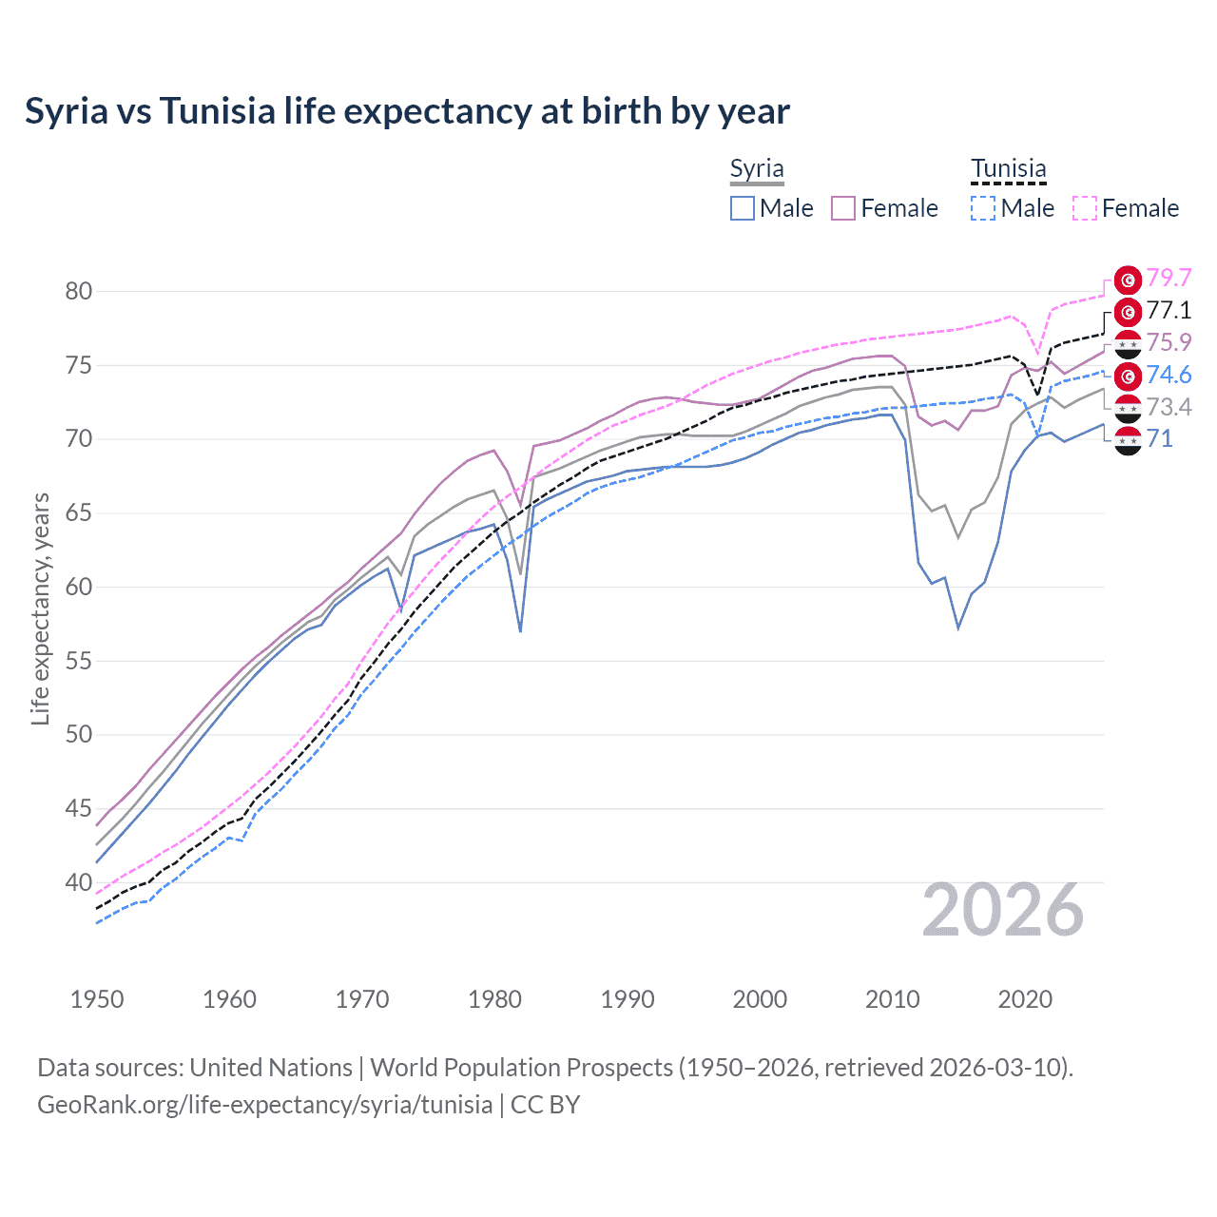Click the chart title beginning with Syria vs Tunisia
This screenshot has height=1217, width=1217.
pos(407,111)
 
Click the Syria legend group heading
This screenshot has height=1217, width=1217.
pos(757,169)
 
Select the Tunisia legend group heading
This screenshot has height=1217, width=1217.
pos(1008,169)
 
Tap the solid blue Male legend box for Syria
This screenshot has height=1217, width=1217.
pos(743,208)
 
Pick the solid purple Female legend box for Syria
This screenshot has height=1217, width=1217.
pos(843,208)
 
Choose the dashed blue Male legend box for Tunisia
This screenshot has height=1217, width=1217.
pos(983,208)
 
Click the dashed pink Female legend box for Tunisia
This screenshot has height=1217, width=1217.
pos(1084,208)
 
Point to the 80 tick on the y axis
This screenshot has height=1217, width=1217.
pos(79,292)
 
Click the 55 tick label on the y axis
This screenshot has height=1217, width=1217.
pos(79,661)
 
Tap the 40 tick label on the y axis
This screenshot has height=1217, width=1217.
pos(79,883)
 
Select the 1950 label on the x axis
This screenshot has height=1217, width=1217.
pos(97,999)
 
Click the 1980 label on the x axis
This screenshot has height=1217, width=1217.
pos(495,999)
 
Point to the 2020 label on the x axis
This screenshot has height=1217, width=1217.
pos(1025,999)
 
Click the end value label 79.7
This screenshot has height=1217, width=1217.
pos(1169,278)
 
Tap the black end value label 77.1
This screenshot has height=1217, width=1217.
pos(1169,310)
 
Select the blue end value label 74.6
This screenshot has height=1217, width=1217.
pos(1169,375)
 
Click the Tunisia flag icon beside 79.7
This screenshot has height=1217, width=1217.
pos(1128,280)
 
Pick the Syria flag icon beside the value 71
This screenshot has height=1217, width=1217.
pos(1128,440)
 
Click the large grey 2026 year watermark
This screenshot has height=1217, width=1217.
pos(1003,910)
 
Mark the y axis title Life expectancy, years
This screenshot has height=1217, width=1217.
pos(40,608)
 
